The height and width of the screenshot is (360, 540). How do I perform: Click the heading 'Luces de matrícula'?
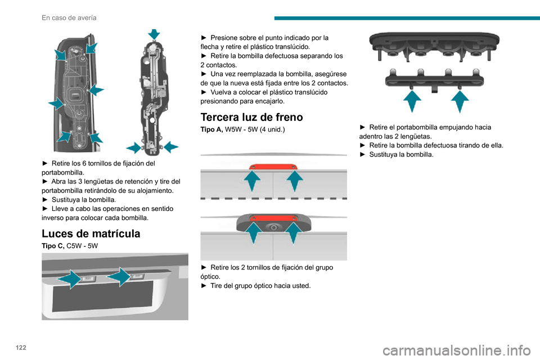coord(91,233)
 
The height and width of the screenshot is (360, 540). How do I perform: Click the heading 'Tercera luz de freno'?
coord(252,117)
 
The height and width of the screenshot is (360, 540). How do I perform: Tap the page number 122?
coord(21,347)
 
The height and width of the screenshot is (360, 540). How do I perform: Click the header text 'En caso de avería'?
coord(69,18)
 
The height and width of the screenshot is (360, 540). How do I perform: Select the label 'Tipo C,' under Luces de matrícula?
coord(53,246)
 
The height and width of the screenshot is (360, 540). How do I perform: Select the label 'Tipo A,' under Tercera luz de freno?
coord(212,129)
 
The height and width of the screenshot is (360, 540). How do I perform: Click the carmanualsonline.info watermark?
coord(457,350)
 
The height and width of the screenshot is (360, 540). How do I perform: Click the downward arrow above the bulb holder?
coord(154,34)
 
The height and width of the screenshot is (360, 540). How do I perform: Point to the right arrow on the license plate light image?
coord(119,277)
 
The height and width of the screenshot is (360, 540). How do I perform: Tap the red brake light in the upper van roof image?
coord(273,166)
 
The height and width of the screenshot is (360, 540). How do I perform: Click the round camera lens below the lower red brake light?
coord(273,227)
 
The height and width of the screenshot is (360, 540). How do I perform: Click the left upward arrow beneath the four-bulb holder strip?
coord(412,101)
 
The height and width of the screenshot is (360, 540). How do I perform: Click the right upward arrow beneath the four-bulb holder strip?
coord(460,101)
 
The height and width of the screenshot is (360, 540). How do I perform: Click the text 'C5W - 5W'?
coord(82,246)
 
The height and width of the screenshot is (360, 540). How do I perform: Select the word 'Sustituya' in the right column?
coord(383,155)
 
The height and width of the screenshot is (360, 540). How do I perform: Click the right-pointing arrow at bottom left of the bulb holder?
coord(134,148)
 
